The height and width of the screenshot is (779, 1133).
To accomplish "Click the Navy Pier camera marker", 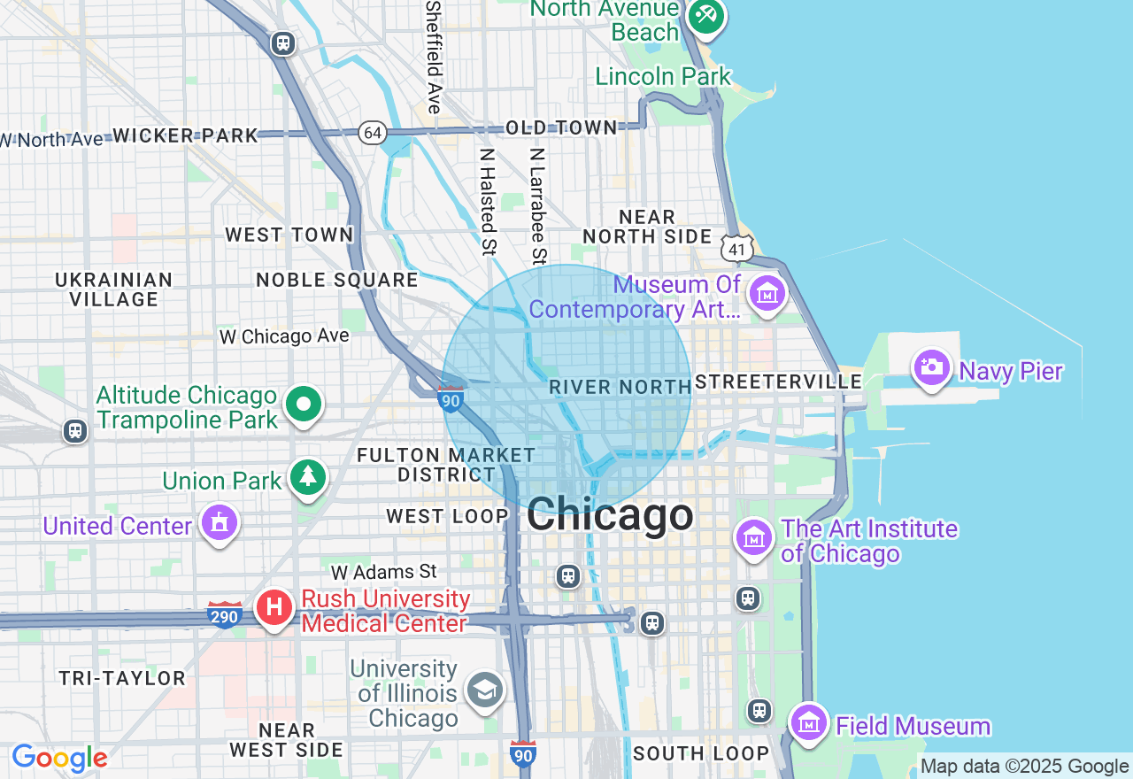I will click(931, 366).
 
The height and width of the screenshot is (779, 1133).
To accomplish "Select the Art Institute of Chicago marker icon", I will click(753, 536).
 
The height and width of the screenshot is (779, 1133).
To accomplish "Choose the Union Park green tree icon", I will click(308, 477).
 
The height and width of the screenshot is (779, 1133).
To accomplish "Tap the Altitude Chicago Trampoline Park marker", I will click(304, 405).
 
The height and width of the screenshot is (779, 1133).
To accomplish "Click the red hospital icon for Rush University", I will click(274, 607).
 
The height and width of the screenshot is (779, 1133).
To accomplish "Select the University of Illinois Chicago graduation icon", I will click(485, 690).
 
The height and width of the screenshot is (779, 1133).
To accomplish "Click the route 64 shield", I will click(373, 134).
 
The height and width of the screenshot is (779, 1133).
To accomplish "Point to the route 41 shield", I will click(736, 249).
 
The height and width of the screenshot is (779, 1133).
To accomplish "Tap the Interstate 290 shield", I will click(225, 613).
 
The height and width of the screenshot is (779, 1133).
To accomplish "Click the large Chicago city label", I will click(610, 515).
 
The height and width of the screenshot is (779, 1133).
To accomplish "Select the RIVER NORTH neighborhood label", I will click(620, 387).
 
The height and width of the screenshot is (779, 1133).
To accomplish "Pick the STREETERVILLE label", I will click(778, 382).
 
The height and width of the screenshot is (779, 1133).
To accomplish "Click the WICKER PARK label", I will click(185, 135).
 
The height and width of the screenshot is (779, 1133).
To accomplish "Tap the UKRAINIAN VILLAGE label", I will click(114, 289).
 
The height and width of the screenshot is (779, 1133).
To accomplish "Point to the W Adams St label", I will click(385, 572).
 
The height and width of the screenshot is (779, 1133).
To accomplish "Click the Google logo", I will click(59, 758).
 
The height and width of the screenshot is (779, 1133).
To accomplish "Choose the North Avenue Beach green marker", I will click(705, 16).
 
